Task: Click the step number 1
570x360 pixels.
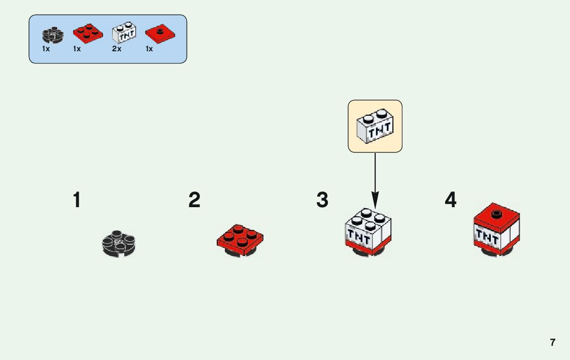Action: [77, 200]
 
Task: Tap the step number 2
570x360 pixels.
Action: [194, 200]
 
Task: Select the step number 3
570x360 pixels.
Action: [322, 200]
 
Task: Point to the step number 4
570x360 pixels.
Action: [451, 200]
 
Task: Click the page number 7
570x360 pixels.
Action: [553, 342]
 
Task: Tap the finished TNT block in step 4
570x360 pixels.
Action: [497, 229]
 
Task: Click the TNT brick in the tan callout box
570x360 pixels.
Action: [375, 126]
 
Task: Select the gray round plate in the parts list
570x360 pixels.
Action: [53, 35]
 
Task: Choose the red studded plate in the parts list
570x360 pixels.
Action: [87, 33]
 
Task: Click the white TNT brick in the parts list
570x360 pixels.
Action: [124, 33]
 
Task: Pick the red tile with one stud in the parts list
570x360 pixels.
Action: [160, 34]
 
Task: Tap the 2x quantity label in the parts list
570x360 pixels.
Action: [117, 49]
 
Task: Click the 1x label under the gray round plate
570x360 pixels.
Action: [46, 49]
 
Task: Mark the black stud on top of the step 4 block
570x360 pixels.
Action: [497, 213]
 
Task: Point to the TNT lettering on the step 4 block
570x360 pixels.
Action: [487, 236]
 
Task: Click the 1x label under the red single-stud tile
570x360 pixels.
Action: [149, 49]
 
